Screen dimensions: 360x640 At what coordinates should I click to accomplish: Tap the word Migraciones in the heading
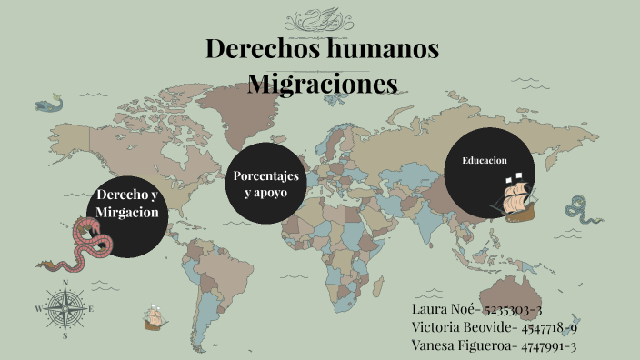pyautogui.click(x=323, y=84)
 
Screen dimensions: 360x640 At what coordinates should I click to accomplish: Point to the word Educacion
pyautogui.click(x=484, y=160)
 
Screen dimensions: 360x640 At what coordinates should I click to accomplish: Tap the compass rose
pyautogui.click(x=65, y=309)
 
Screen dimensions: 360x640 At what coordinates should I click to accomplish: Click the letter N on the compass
pyautogui.click(x=65, y=285)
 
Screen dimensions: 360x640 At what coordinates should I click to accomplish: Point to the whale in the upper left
pyautogui.click(x=52, y=103)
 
